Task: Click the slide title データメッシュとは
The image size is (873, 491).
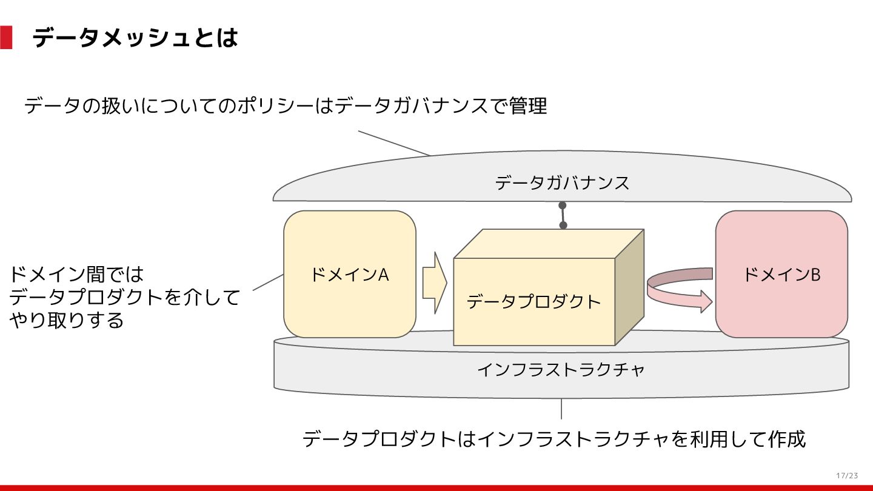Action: click(x=135, y=38)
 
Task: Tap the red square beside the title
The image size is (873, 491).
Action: click(x=6, y=38)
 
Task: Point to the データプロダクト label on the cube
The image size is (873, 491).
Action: click(x=533, y=301)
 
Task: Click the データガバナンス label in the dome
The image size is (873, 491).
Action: click(x=562, y=182)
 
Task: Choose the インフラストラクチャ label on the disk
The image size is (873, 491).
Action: click(x=561, y=369)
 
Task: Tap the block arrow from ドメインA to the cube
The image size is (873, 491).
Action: click(x=434, y=282)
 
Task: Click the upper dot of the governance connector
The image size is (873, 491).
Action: click(x=562, y=205)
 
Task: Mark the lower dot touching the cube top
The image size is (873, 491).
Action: click(x=563, y=225)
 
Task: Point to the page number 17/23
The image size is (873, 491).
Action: click(x=847, y=475)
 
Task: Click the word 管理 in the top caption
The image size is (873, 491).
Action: click(x=527, y=106)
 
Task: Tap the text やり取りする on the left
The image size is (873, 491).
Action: click(x=67, y=320)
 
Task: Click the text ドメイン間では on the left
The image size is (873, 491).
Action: click(x=76, y=275)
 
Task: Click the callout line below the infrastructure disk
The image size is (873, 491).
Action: click(x=561, y=409)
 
